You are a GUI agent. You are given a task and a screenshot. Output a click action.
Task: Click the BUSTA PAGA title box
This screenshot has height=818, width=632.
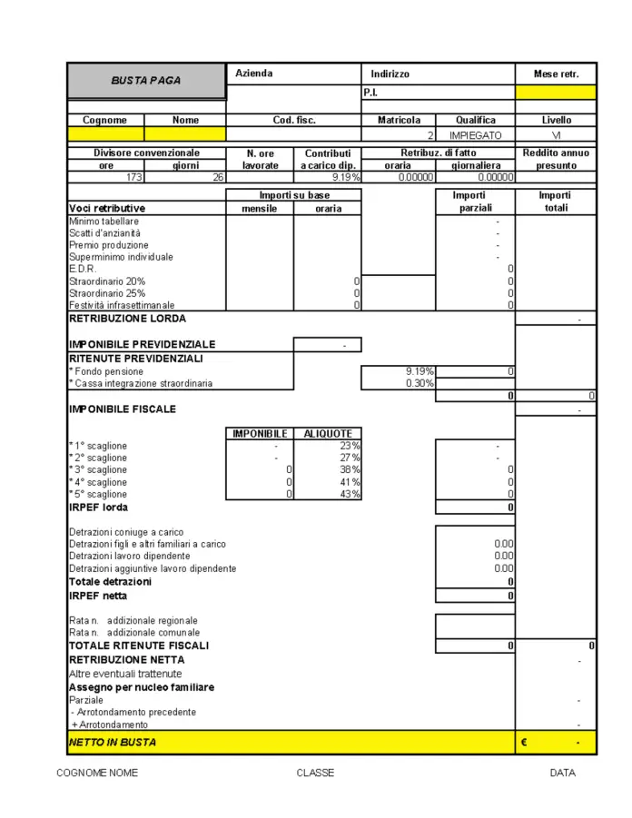tap(145, 80)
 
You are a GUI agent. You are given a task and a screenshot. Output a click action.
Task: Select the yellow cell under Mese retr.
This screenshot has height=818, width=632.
tap(556, 92)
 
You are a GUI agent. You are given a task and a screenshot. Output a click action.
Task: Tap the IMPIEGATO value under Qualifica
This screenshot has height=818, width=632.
tap(475, 134)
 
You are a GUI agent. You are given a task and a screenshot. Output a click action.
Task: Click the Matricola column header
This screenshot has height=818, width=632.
tap(399, 120)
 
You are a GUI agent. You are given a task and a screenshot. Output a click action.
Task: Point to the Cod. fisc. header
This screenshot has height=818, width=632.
tap(294, 120)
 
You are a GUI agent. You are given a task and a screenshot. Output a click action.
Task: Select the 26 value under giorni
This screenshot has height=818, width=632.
tap(218, 177)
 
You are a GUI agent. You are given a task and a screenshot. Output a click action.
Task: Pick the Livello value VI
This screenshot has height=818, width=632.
tap(556, 134)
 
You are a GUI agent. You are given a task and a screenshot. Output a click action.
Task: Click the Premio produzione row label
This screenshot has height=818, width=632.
tap(109, 245)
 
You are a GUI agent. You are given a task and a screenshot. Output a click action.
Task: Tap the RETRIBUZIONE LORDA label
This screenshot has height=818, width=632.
tap(128, 319)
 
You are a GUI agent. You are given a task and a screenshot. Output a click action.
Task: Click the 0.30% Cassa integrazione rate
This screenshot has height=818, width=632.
tap(420, 383)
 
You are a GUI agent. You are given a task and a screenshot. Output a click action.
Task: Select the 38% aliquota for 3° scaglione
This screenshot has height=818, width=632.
tap(350, 469)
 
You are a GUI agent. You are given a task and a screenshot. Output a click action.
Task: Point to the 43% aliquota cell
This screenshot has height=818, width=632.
tap(350, 494)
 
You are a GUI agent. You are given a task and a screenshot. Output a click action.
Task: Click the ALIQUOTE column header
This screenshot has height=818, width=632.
tap(327, 434)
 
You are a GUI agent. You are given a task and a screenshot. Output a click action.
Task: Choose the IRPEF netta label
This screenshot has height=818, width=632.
tap(98, 596)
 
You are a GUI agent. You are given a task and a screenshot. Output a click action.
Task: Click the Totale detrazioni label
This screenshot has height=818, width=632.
tap(111, 581)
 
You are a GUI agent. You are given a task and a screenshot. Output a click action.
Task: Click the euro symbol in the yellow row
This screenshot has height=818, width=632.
tap(524, 743)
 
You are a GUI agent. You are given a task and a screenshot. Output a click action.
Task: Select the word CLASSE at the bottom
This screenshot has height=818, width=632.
tap(315, 773)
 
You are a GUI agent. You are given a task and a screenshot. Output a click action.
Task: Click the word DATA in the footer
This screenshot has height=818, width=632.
tap(562, 773)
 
